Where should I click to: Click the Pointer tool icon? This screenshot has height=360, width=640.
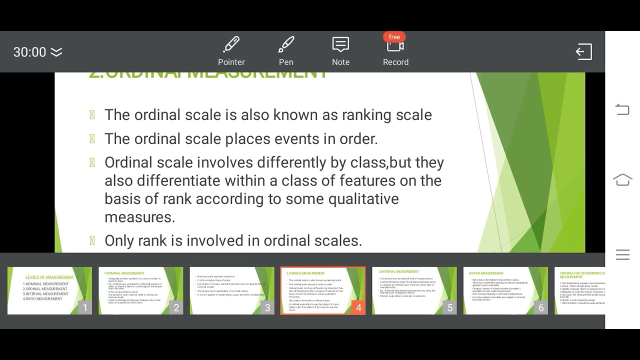point(231,45)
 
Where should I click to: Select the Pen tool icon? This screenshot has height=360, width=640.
point(286,45)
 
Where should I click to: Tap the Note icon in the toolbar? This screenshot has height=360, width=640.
point(340,45)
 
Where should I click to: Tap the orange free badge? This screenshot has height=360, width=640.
point(394,37)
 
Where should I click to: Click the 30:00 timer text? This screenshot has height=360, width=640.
point(29,52)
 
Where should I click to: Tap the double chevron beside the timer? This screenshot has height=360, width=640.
point(56,52)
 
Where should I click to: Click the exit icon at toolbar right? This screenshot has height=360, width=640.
point(583,52)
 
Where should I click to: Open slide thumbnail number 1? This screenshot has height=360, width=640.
point(49,290)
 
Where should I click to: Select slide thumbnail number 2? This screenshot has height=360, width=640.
point(140,290)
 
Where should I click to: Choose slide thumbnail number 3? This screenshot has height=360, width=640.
point(232,290)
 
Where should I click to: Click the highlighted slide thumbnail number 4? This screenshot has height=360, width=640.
point(323,290)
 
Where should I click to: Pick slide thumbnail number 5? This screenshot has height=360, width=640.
point(414,290)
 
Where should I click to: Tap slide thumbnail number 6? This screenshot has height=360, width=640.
point(505,290)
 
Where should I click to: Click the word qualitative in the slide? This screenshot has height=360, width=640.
point(363,198)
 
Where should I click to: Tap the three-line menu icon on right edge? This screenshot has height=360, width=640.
point(622,254)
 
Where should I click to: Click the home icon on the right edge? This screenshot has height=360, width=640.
point(622,180)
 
